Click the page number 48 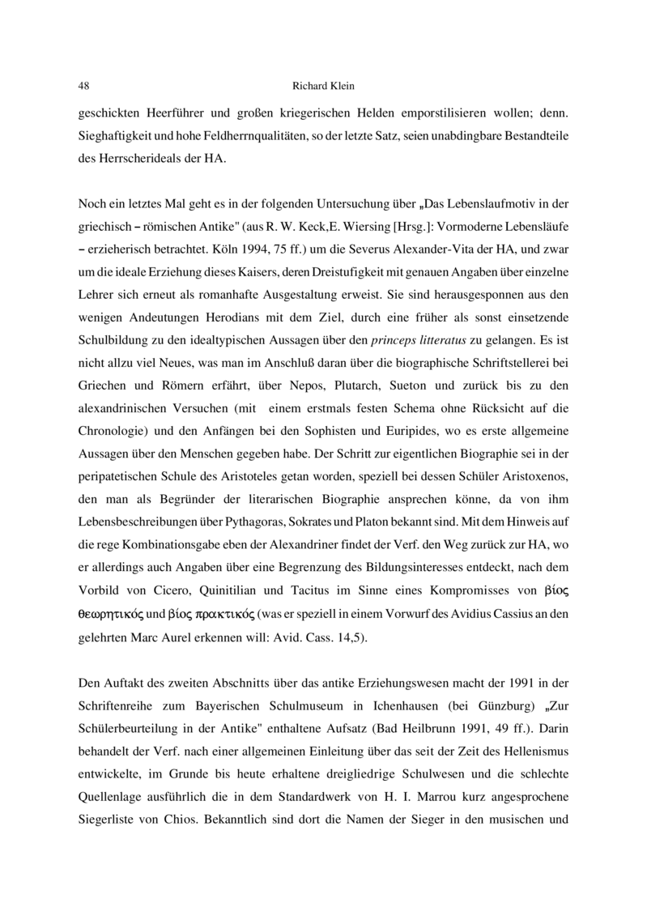(x=83, y=85)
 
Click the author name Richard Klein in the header (x=323, y=85)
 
